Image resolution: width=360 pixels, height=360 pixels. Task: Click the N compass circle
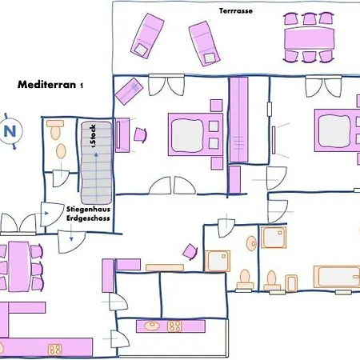click(x=11, y=132)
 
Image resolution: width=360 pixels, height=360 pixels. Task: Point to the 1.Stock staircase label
click(x=93, y=138)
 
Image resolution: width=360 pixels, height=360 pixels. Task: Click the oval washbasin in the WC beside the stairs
click(x=54, y=125)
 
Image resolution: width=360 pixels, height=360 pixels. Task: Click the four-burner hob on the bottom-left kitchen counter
click(x=55, y=349)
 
